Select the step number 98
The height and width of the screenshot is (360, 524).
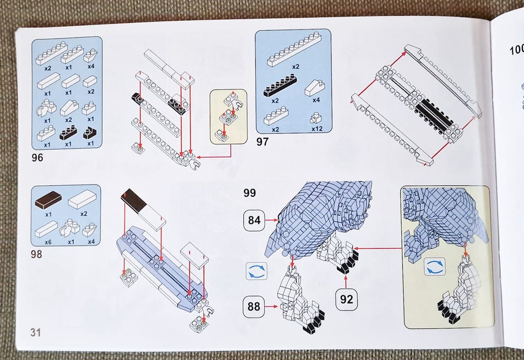pyautogui.click(x=38, y=254)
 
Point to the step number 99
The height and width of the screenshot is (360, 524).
pyautogui.click(x=250, y=193)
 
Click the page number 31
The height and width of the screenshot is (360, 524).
pyautogui.click(x=36, y=332)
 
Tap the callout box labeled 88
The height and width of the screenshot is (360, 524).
pyautogui.click(x=253, y=306)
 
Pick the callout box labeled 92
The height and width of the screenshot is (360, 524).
pyautogui.click(x=346, y=299)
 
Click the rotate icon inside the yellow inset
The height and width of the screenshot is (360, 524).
pyautogui.click(x=434, y=267)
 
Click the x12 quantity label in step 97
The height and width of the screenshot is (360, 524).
pyautogui.click(x=317, y=129)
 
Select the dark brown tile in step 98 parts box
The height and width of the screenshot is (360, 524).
pyautogui.click(x=48, y=200)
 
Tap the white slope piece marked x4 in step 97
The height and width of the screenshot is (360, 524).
pyautogui.click(x=315, y=86)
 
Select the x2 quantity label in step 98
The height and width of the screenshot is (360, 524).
pyautogui.click(x=83, y=213)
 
